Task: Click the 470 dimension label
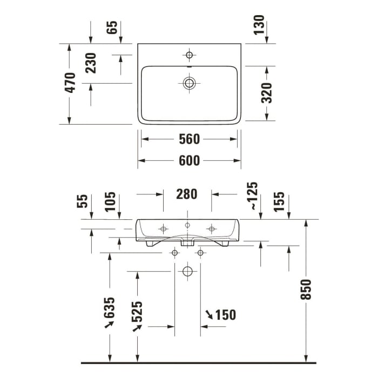[70, 83]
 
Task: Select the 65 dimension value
[112, 28]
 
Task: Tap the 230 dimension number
[91, 63]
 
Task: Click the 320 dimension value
[267, 92]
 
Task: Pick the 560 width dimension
[189, 139]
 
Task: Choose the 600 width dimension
[189, 160]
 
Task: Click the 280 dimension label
[187, 194]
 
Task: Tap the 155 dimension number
[279, 202]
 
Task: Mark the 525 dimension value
[137, 312]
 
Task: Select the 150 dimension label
[225, 315]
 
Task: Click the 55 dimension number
[82, 202]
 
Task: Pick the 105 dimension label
[110, 202]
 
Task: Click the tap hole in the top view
[189, 55]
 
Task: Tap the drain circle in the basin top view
[189, 83]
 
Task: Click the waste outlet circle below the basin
[187, 271]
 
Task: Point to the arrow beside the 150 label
[208, 314]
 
